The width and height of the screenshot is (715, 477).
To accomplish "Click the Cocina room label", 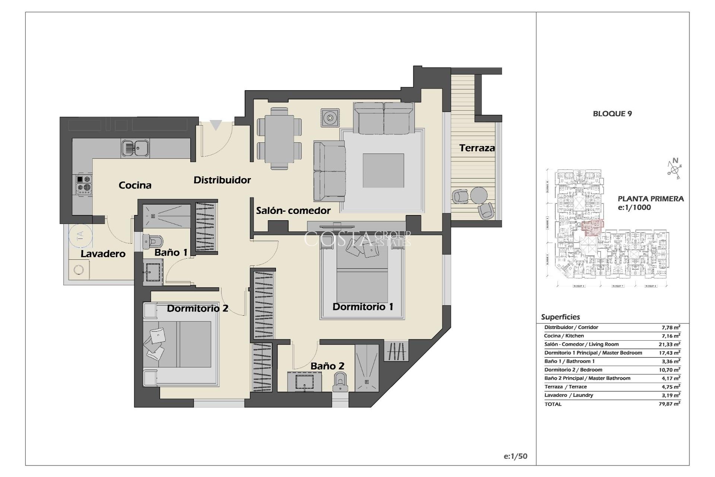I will click(x=135, y=185).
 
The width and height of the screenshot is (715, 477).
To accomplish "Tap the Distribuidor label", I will click(x=222, y=180).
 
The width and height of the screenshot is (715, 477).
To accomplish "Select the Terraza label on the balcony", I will click(x=477, y=148).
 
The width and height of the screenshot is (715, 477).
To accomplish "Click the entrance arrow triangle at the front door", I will click(x=216, y=125).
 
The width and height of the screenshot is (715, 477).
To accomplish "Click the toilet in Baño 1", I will click(x=151, y=241).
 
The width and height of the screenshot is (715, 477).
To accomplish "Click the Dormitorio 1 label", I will click(x=363, y=307).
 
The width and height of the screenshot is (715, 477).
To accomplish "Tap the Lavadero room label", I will click(x=103, y=254).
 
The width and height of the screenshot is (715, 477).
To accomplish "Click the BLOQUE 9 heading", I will click(x=612, y=114).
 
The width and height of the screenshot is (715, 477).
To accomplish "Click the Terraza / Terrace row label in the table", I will click(x=565, y=387).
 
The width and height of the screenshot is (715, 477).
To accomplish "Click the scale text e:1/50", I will click(x=515, y=456).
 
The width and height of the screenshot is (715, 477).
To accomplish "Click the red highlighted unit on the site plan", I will click(x=592, y=228).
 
